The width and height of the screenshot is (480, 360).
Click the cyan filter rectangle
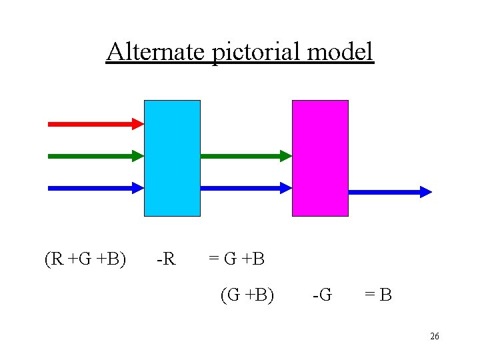[x=172, y=158]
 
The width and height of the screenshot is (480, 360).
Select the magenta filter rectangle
[x=320, y=158]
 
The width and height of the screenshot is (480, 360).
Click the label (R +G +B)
[x=85, y=259]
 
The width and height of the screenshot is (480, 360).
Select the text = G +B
[x=237, y=259]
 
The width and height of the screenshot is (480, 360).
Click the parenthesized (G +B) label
[x=247, y=294]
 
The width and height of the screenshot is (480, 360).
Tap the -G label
[x=322, y=294]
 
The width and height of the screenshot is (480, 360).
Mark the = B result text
[x=377, y=294]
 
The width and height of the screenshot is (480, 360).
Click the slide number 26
[x=434, y=337]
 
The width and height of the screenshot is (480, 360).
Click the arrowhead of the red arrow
[x=138, y=123]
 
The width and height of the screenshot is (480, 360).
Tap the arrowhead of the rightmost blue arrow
[x=426, y=192]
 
